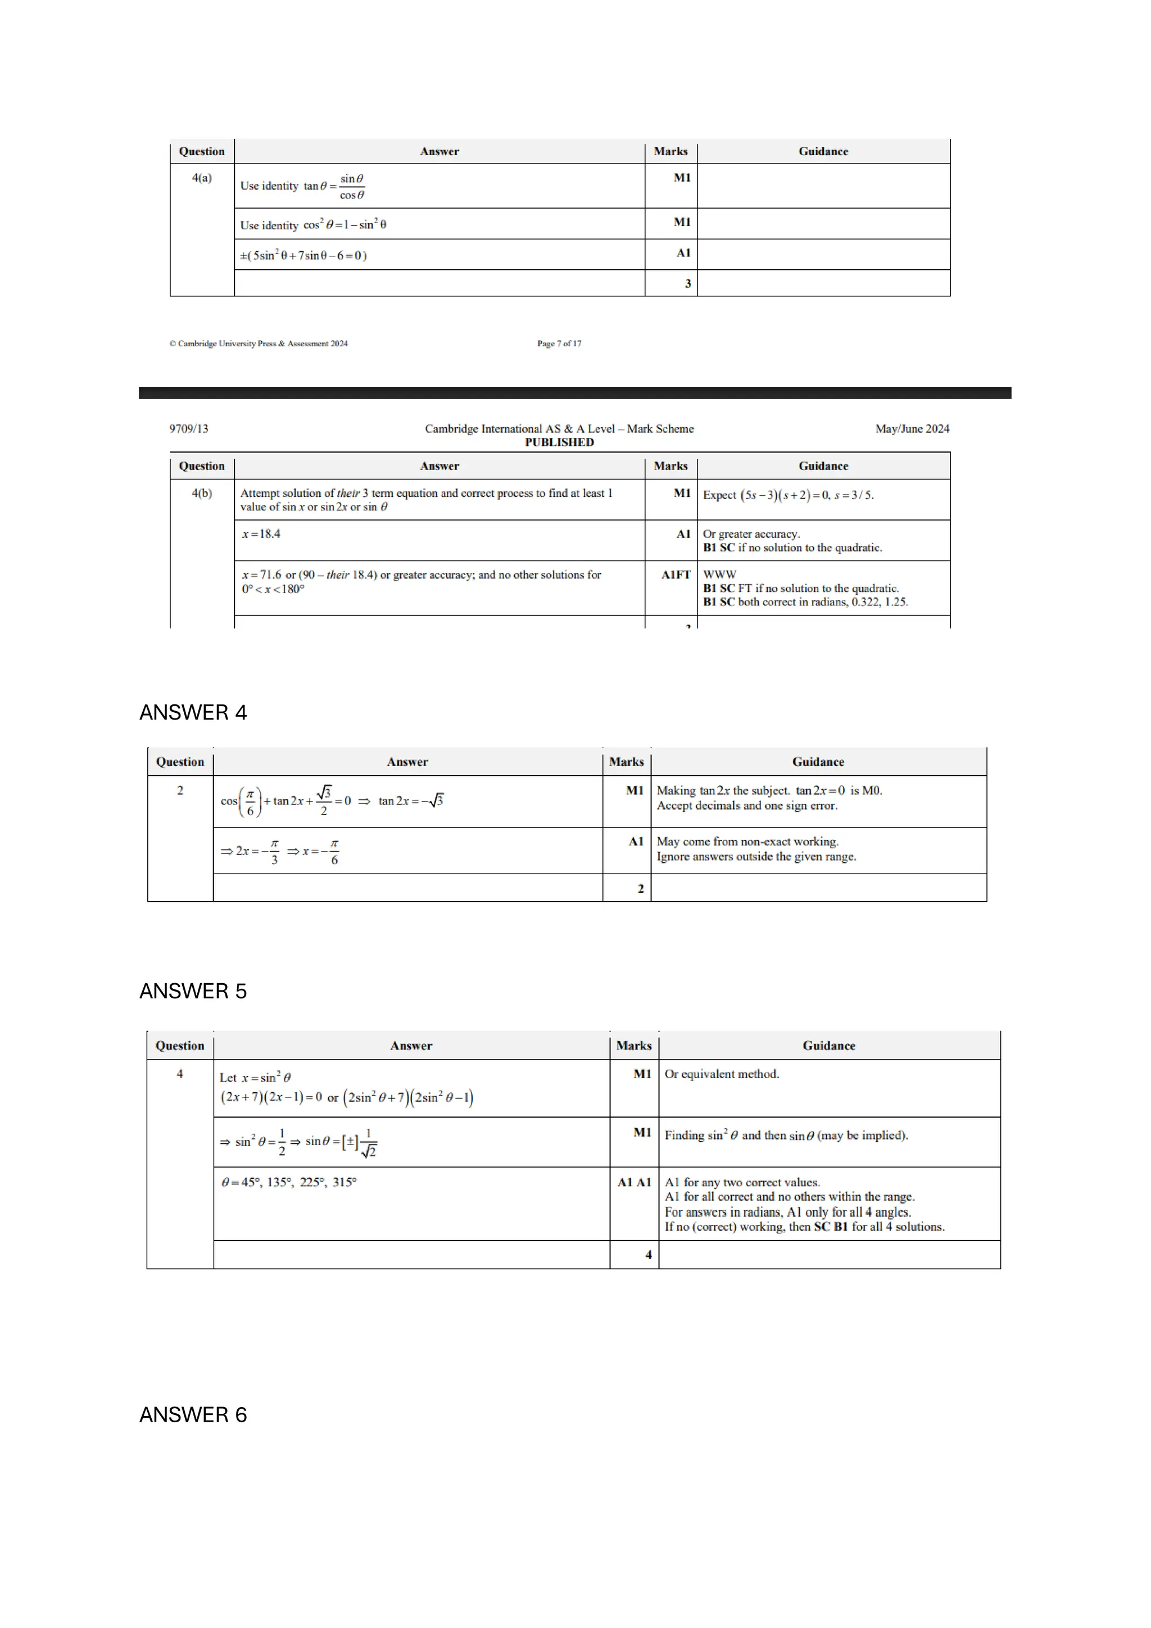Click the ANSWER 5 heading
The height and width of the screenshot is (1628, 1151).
[193, 991]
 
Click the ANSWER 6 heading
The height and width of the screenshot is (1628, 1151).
[193, 1414]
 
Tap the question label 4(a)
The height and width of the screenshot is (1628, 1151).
[202, 178]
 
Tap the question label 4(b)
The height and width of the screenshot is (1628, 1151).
[202, 493]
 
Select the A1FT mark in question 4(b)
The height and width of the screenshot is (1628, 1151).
[676, 575]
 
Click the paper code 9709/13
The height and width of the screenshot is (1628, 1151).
[188, 428]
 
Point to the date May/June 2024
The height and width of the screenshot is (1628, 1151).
[912, 428]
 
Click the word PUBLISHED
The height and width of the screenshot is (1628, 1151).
[559, 442]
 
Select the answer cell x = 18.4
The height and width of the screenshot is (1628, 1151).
[261, 534]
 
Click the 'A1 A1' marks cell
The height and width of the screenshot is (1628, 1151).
[633, 1182]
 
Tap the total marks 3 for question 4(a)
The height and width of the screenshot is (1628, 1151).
[687, 284]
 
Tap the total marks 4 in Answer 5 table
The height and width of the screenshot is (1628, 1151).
[649, 1254]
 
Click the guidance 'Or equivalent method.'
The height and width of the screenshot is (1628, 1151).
[722, 1074]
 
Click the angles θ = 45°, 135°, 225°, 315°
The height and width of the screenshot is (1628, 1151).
[289, 1182]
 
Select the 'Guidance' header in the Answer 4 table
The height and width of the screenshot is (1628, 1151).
[818, 762]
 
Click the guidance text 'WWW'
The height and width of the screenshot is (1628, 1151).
[719, 575]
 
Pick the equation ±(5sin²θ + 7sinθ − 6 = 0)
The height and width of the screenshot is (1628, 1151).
[303, 255]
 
